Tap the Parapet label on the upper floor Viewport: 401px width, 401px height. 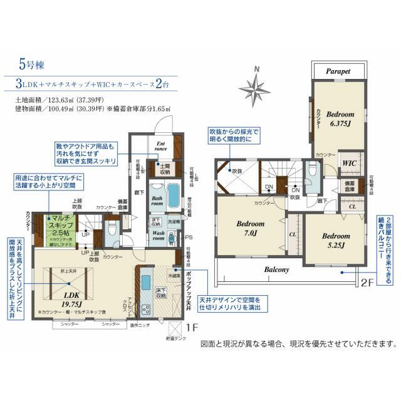[x=339, y=72]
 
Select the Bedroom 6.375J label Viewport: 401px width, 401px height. [x=341, y=118]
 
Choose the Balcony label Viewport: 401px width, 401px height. [x=276, y=270]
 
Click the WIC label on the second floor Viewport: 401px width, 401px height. [x=349, y=162]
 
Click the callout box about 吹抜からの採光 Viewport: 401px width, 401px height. [x=234, y=137]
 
